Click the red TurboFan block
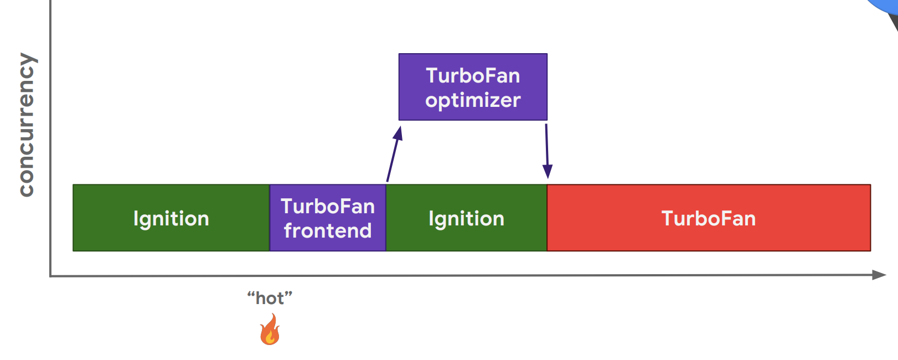(709, 218)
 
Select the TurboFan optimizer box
(473, 87)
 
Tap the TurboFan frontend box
(328, 218)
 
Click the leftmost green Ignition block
(171, 218)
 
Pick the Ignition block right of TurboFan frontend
(466, 218)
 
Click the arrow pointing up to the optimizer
(395, 154)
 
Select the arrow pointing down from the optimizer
(547, 151)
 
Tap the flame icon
(270, 329)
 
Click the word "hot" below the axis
(270, 299)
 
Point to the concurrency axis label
(27, 125)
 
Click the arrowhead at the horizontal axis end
(879, 275)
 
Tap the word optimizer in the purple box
(473, 101)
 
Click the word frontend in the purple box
(328, 231)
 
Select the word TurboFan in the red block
(709, 218)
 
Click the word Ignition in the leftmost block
(171, 219)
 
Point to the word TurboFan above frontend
(328, 207)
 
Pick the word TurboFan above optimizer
(473, 76)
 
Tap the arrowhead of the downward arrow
(548, 172)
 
